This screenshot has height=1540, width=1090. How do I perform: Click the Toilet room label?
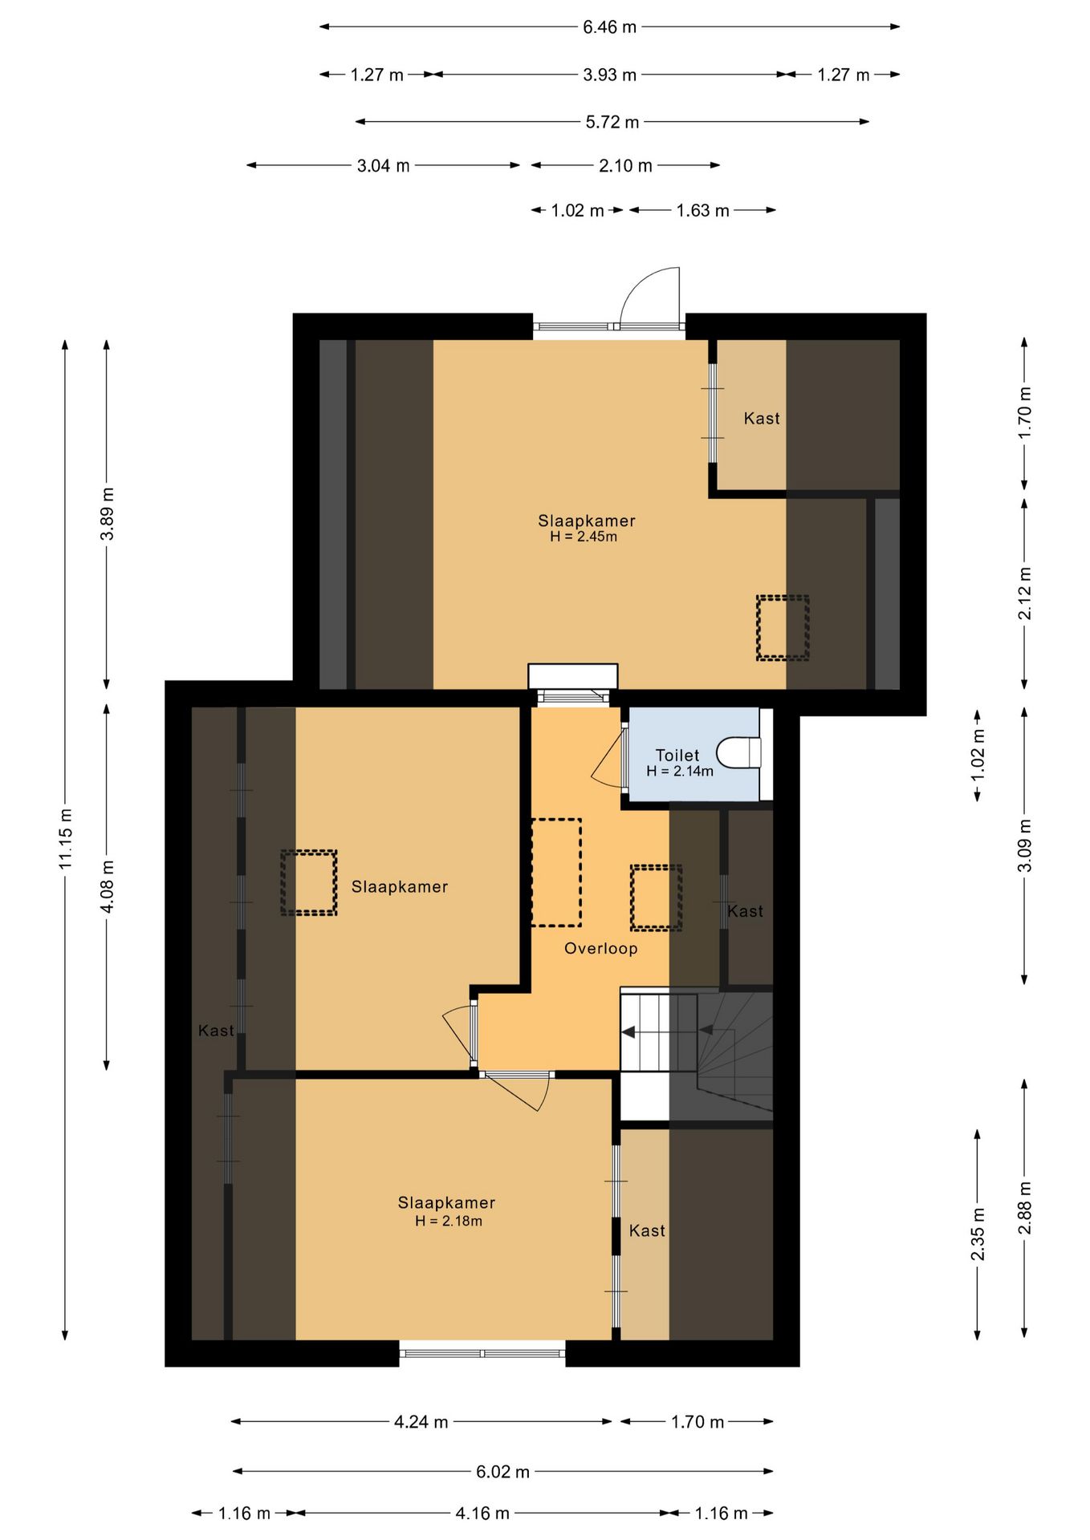[677, 756]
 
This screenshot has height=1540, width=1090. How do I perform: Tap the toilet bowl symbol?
[738, 752]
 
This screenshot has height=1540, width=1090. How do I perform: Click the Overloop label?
[600, 948]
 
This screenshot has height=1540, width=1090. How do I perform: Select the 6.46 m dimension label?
[609, 27]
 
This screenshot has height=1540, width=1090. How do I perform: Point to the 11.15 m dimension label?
[66, 839]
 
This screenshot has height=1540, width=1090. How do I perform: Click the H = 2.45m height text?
[584, 537]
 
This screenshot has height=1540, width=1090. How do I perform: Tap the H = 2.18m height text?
[449, 1221]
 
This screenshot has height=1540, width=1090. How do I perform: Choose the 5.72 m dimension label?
[612, 122]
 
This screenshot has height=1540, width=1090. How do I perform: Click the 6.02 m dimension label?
[503, 1472]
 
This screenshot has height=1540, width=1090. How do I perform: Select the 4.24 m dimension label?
[421, 1422]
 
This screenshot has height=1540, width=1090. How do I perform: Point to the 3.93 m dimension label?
[609, 75]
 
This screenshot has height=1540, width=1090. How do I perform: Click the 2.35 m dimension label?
[978, 1234]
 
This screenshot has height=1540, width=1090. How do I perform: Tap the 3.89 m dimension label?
[107, 513]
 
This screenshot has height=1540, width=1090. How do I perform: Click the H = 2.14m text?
[680, 771]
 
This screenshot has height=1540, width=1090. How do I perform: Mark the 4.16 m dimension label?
[482, 1514]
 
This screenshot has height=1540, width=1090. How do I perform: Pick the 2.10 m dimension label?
[625, 166]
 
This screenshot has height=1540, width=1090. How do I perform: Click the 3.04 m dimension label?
[383, 166]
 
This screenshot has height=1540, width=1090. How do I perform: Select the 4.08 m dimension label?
[107, 886]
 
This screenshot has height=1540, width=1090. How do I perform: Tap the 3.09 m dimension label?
[1025, 845]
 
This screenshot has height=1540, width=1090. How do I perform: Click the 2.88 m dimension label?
[1025, 1208]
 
